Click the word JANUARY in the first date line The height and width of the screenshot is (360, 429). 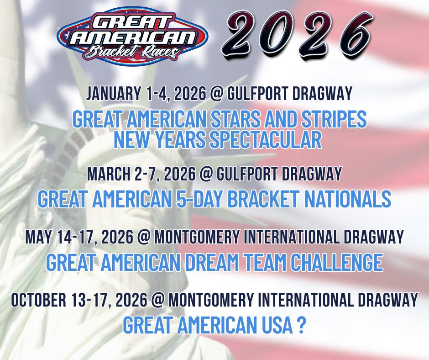tap(113, 93)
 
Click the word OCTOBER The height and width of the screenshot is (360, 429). tap(39, 300)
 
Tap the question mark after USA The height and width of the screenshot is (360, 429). tap(301, 325)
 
